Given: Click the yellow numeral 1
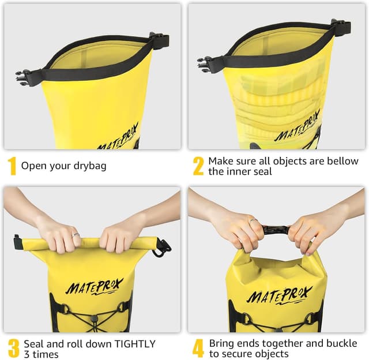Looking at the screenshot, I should click(12, 166).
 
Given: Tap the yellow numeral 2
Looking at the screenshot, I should click(198, 166).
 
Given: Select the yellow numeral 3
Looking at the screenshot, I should click(13, 348).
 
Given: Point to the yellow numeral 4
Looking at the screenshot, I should click(198, 348).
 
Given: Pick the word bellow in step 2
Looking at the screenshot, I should click(342, 161).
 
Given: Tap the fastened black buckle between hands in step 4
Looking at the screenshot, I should click(276, 230).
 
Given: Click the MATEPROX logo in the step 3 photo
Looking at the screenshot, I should click(94, 286).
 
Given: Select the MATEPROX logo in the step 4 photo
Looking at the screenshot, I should click(279, 295).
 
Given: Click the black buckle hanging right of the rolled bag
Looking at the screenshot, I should click(162, 248).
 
